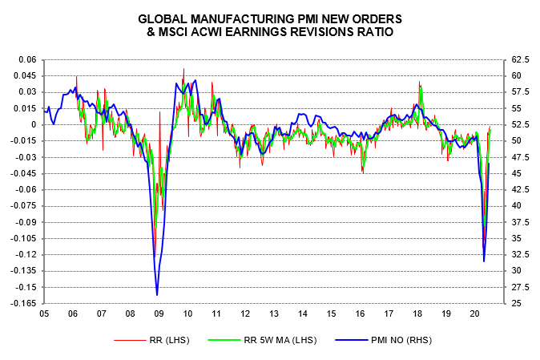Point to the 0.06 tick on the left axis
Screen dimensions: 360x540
click(x=28, y=60)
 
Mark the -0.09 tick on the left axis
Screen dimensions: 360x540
click(x=26, y=222)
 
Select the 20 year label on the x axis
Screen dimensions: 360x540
click(x=474, y=314)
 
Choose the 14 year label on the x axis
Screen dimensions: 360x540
click(x=302, y=314)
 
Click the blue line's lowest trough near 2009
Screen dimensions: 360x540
click(x=157, y=295)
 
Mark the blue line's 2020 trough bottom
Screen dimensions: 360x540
click(x=484, y=261)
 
